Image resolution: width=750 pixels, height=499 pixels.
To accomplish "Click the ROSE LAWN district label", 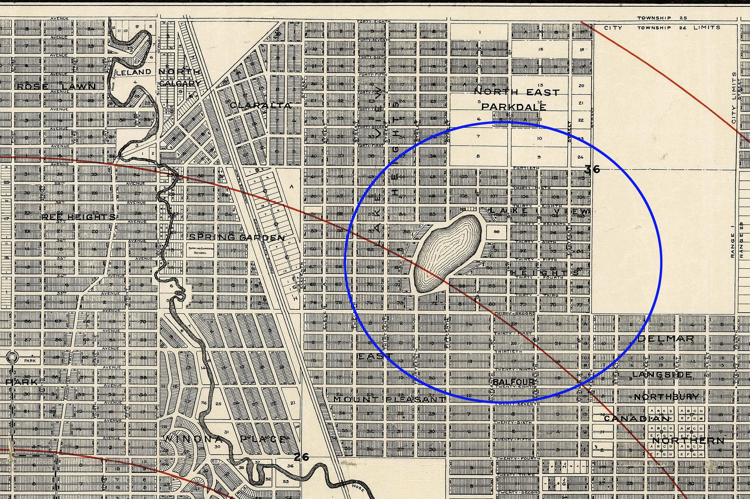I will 56,86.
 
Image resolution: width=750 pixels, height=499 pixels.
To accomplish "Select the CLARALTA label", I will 261,105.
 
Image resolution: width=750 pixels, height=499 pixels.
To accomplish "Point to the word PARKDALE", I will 514,107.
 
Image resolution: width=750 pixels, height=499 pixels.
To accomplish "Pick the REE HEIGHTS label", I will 79,217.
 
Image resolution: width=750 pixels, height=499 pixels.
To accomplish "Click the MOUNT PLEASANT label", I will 390,399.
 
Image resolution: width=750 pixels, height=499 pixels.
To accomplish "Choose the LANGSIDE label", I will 662,374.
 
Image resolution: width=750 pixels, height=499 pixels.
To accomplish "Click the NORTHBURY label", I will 666,397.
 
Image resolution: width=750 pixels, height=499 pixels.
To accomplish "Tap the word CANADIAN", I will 636,418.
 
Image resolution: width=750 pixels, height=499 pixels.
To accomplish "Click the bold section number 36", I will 592,169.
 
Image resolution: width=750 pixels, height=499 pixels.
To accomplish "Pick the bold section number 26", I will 301,457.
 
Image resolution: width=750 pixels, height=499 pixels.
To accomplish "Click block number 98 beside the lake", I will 496,232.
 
